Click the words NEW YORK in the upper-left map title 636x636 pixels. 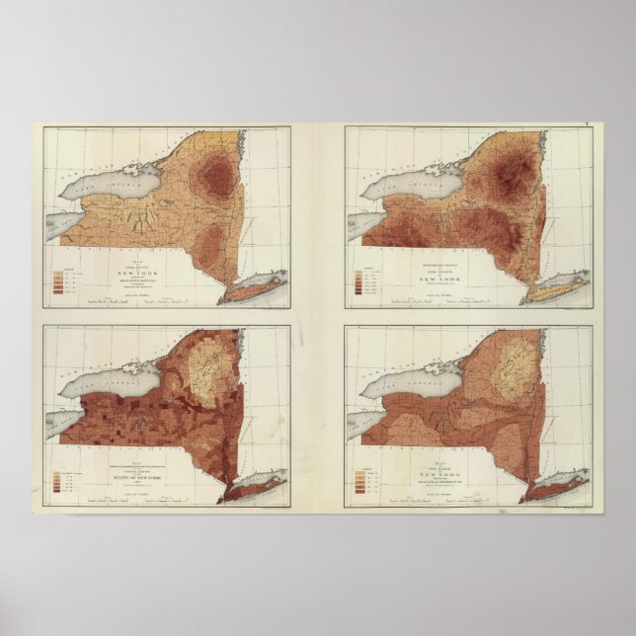point(137,272)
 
